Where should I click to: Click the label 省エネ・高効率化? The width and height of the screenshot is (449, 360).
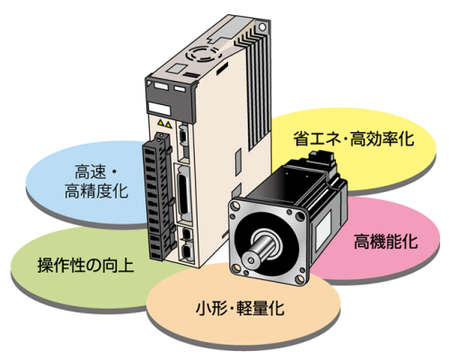[x=354, y=138]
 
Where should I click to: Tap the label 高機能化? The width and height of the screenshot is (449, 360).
[x=386, y=241]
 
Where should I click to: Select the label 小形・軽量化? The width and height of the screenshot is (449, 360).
[x=240, y=308]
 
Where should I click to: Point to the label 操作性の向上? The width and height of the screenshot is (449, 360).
[x=85, y=265]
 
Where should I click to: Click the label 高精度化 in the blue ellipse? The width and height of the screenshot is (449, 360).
[x=96, y=191]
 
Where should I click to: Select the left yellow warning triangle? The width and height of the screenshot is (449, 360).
[x=161, y=122]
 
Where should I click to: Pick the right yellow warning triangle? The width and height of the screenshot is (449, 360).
[x=169, y=124]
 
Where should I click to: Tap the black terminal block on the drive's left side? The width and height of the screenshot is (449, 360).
[x=158, y=198]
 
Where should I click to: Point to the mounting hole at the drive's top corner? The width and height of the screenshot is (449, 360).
[x=262, y=27]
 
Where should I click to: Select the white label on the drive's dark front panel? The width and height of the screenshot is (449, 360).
[x=159, y=109]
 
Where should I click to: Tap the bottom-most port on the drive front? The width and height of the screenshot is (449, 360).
[x=186, y=250]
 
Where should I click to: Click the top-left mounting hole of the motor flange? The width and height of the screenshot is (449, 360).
[x=235, y=206]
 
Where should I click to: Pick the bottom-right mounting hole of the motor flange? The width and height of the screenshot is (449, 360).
[x=300, y=280]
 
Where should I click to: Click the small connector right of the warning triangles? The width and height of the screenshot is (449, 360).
[x=182, y=136]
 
